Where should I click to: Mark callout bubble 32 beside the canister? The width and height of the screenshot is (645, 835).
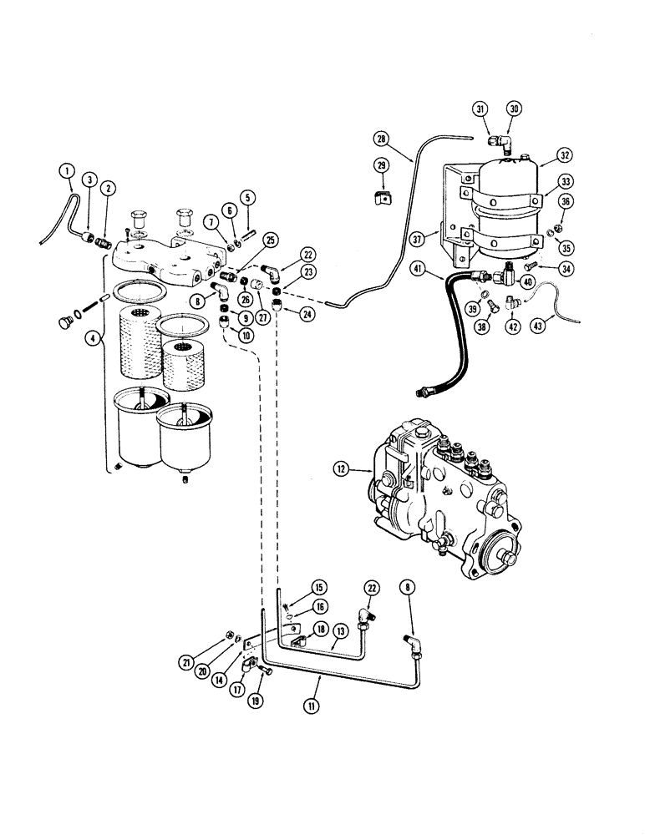(565, 154)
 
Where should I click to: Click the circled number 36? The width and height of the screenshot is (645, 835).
(566, 201)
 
